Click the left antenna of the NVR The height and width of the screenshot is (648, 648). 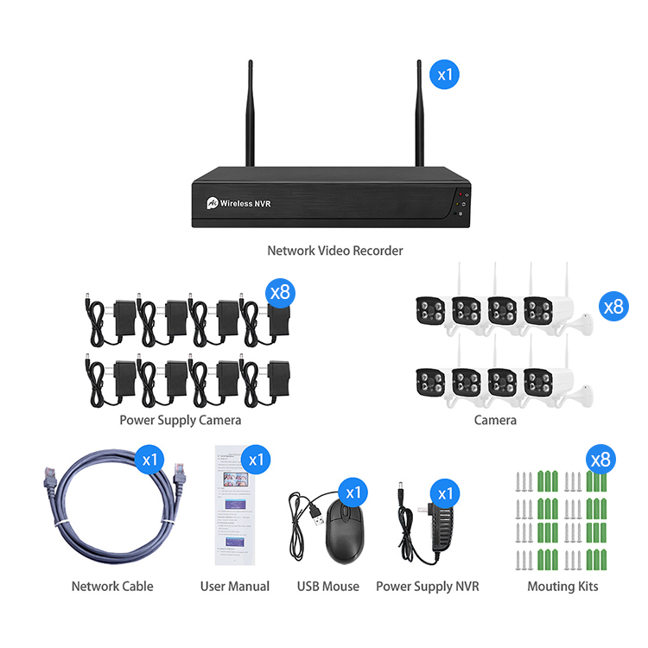[x=251, y=112]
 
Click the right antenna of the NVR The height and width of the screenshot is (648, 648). [x=419, y=112]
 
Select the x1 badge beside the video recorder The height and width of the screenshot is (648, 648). [x=444, y=74]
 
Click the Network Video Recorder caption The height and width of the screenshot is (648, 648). [x=335, y=251]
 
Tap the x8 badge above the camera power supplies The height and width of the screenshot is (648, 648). [x=280, y=291]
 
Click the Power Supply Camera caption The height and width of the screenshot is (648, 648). [x=181, y=420]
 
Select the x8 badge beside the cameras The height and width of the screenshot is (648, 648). [x=613, y=306]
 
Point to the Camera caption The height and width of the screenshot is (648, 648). [x=495, y=420]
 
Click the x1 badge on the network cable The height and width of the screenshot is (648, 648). [x=150, y=459]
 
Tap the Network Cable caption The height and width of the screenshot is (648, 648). [x=112, y=586]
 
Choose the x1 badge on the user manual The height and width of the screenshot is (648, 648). [x=256, y=459]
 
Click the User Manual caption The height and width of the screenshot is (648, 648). [x=235, y=586]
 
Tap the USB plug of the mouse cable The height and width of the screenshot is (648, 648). [x=316, y=519]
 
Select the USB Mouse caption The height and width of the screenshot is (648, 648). [x=328, y=586]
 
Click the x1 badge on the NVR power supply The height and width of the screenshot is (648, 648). [x=444, y=492]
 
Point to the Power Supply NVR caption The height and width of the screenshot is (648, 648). [x=428, y=586]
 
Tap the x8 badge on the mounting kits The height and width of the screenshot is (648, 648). [x=602, y=459]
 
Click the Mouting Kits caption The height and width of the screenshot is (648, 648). [x=563, y=586]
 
